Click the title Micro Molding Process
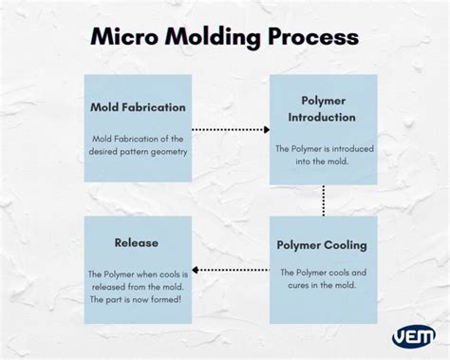tap(224, 37)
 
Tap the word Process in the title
tap(312, 38)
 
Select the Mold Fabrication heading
tap(139, 106)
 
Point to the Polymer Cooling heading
tap(322, 244)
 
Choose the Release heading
tap(137, 242)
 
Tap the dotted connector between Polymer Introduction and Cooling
tap(324, 200)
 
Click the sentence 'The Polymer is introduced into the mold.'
tap(323, 155)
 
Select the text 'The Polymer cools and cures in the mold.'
tap(323, 279)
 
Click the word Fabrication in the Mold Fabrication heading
tap(155, 106)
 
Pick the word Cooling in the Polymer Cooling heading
tap(346, 244)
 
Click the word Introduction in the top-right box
tap(323, 117)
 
